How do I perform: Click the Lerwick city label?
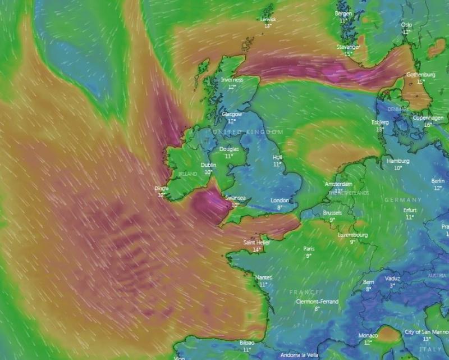[x=268, y=19]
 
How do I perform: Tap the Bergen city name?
[x=343, y=13]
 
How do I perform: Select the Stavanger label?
[x=349, y=47]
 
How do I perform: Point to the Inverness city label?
[x=232, y=80]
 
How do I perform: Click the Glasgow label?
[x=231, y=114]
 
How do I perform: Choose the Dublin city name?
[x=209, y=165]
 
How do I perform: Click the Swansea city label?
[x=235, y=198]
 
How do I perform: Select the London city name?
[x=280, y=200]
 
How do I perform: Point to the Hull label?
[x=277, y=158]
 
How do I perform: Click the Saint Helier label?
[x=256, y=243]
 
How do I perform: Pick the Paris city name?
[x=309, y=249]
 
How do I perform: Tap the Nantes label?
[x=263, y=277]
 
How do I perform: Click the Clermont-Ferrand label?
[x=317, y=302]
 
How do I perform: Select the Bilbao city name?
[x=247, y=342]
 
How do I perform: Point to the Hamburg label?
[x=398, y=161]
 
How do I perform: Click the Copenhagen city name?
[x=428, y=118]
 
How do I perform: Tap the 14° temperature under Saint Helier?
[x=256, y=249]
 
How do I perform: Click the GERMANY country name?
[x=403, y=200]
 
